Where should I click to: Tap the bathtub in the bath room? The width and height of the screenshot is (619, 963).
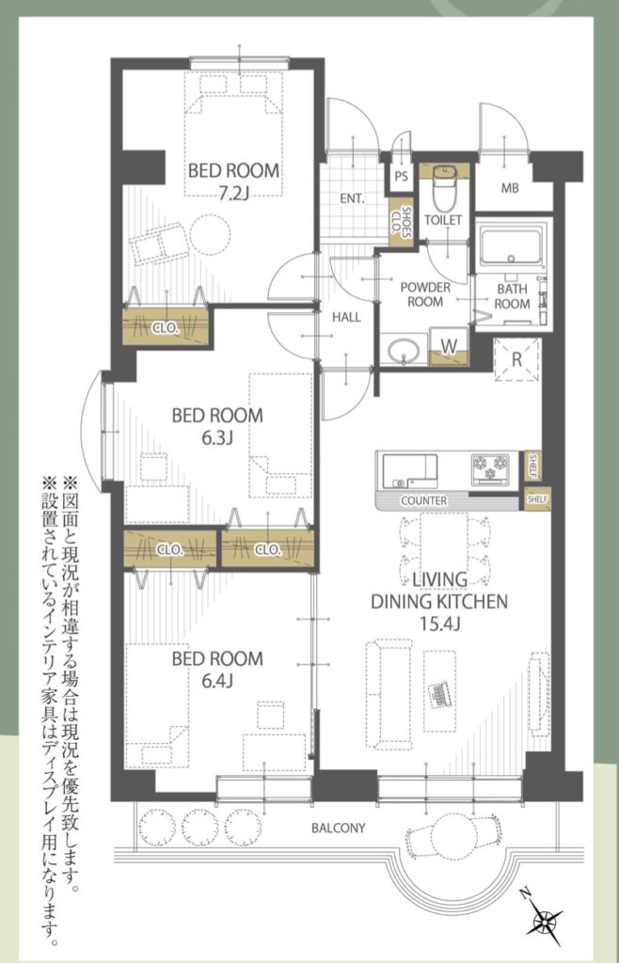[512, 247]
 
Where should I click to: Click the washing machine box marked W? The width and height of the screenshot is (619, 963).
[449, 346]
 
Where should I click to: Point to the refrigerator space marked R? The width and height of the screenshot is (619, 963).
[516, 360]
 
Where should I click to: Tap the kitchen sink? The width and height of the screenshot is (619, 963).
[409, 469]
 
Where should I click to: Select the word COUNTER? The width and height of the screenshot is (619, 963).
[423, 501]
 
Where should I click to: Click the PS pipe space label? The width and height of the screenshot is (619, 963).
[401, 177]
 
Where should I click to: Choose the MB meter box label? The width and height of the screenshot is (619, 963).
[510, 188]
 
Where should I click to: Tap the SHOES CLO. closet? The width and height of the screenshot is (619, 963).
[401, 223]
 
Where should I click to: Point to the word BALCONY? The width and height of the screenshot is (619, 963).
[338, 828]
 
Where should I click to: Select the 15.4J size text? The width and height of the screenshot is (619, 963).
[439, 624]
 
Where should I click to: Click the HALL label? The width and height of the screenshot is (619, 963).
[346, 318]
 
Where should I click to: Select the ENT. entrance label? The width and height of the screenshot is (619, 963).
[353, 199]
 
